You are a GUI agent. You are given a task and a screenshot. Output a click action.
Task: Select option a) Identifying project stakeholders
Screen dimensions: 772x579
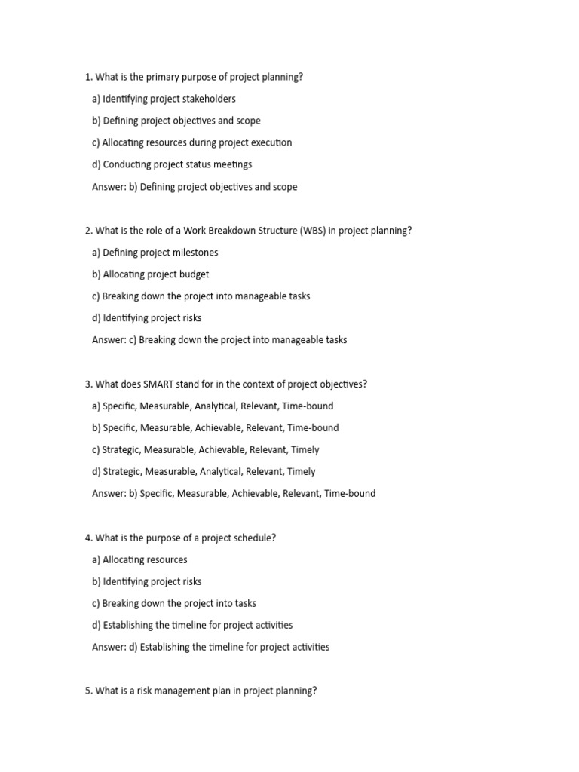coord(164,99)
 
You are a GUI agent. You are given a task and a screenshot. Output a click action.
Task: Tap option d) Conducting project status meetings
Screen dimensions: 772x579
coord(172,164)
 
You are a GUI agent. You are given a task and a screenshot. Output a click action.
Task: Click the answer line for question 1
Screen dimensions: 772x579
coord(195,187)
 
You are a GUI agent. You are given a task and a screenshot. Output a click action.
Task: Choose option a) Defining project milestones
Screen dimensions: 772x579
coord(155,253)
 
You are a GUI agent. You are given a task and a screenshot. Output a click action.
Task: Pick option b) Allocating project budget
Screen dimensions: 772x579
coord(151,274)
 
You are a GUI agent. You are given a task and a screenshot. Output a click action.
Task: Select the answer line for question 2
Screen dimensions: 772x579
coord(219,340)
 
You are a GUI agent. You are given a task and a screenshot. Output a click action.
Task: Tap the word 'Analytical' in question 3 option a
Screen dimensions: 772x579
coord(215,406)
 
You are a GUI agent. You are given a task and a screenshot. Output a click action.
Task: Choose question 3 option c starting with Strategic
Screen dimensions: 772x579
coord(205,449)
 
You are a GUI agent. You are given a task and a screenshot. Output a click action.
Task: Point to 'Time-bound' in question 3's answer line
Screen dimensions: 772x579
coord(350,494)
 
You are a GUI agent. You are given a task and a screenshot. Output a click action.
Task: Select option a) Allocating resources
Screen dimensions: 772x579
coord(139,559)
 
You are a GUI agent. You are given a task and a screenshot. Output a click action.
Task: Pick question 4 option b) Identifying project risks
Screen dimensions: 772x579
coord(146,581)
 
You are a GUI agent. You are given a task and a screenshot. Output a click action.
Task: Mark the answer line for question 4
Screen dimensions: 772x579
coord(210,647)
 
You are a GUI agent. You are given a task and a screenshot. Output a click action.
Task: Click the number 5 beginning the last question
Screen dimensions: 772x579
coord(88,691)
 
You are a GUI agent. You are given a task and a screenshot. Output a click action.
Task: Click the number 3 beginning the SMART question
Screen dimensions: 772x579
coord(88,384)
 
